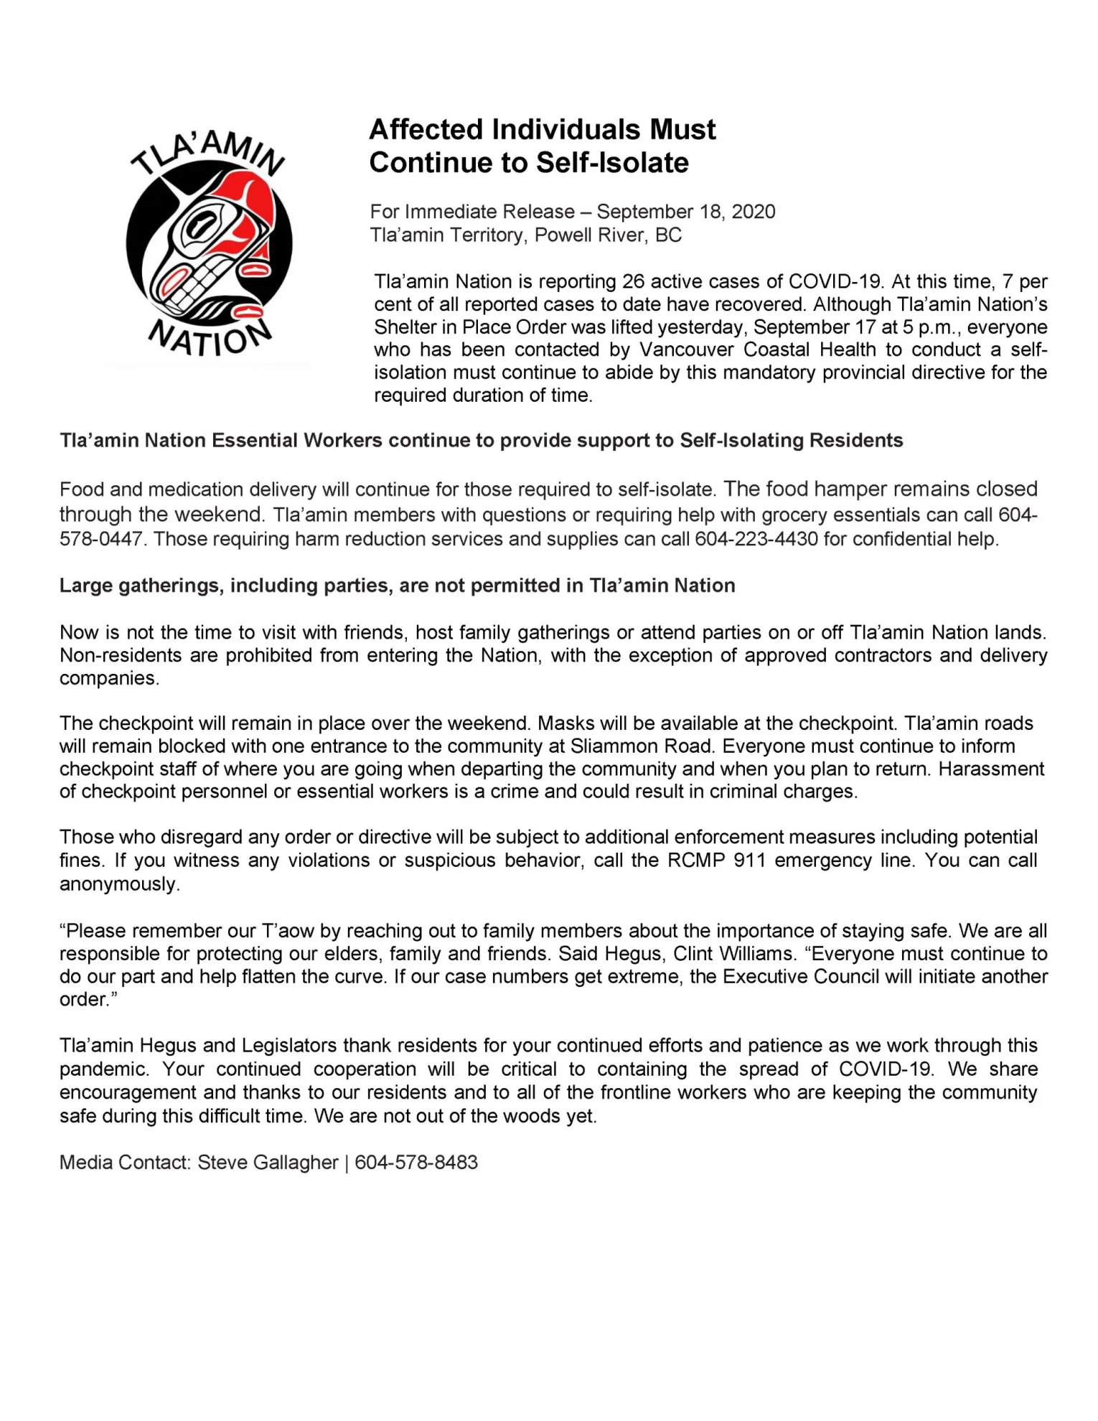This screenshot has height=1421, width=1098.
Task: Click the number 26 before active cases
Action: pyautogui.click(x=633, y=281)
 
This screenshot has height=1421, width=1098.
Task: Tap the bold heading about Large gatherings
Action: pyautogui.click(x=397, y=586)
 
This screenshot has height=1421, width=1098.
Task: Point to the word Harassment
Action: pyautogui.click(x=991, y=769)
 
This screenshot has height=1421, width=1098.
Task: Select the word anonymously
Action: pyautogui.click(x=118, y=884)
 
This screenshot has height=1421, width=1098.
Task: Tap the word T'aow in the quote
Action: pyautogui.click(x=288, y=931)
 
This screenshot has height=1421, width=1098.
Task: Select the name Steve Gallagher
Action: pyautogui.click(x=268, y=1163)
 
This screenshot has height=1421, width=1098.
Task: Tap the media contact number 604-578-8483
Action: pyautogui.click(x=416, y=1163)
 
